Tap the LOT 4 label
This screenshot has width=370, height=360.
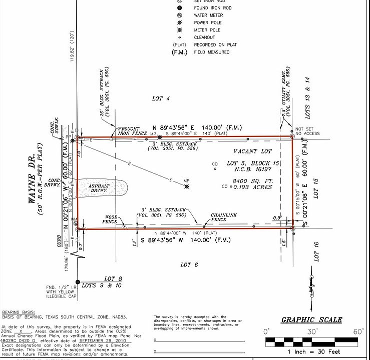[x=161, y=99]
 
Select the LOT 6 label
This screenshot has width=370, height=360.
[x=189, y=264]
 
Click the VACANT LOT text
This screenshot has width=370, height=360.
[x=253, y=151]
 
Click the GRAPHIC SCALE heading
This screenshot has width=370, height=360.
[x=311, y=320]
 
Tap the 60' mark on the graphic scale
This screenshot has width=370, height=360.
[x=358, y=331]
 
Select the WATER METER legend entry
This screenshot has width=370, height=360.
[x=208, y=15]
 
